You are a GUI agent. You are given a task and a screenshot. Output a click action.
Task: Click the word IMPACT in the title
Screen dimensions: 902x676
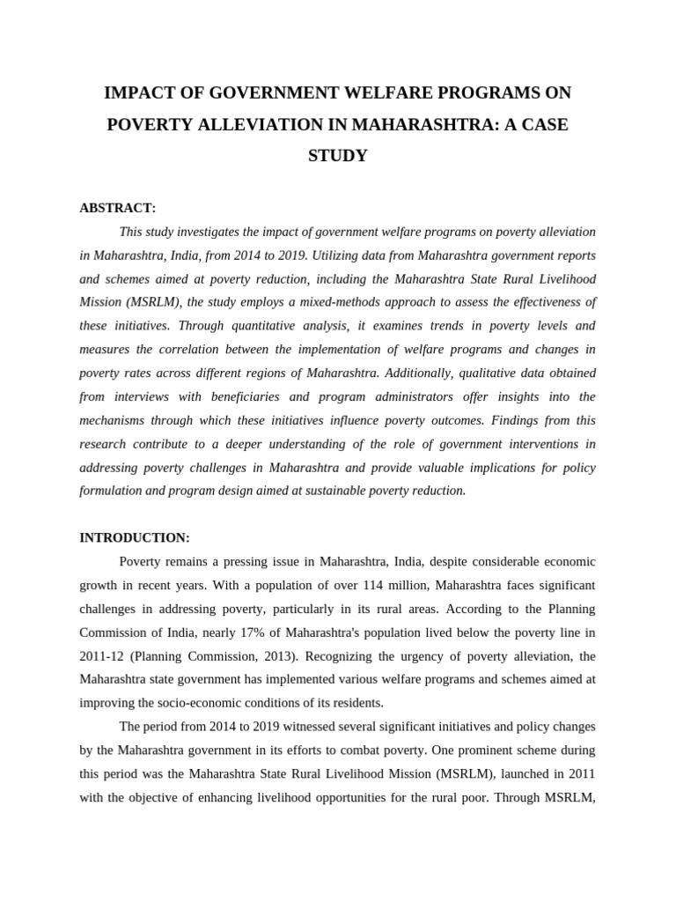pyautogui.click(x=139, y=92)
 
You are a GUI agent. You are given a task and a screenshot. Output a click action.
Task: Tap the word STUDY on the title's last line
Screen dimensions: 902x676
pyautogui.click(x=337, y=156)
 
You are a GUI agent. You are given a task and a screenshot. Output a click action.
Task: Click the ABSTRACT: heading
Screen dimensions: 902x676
pyautogui.click(x=117, y=208)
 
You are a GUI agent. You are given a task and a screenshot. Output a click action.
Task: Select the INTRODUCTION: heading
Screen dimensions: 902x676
pyautogui.click(x=134, y=537)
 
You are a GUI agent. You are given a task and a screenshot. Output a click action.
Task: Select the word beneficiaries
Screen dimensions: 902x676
pyautogui.click(x=244, y=396)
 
